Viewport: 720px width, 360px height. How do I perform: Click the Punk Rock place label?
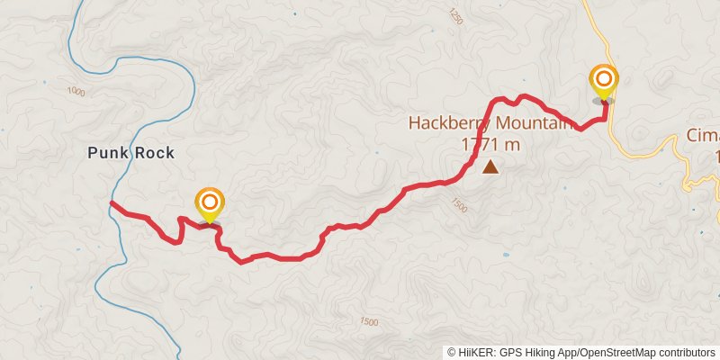click(130, 153)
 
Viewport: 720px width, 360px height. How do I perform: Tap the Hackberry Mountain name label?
click(490, 124)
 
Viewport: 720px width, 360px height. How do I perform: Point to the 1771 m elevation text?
click(490, 144)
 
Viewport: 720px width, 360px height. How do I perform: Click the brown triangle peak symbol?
click(490, 166)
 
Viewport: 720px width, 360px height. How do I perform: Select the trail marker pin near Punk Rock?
click(210, 204)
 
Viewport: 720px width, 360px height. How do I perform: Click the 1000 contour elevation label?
click(76, 92)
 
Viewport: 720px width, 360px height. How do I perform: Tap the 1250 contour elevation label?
click(454, 16)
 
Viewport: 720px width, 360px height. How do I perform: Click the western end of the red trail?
click(112, 204)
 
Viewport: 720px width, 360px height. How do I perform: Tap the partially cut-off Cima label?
click(704, 135)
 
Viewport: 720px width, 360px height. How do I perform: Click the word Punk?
click(108, 153)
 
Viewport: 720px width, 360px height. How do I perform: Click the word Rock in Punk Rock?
click(153, 153)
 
